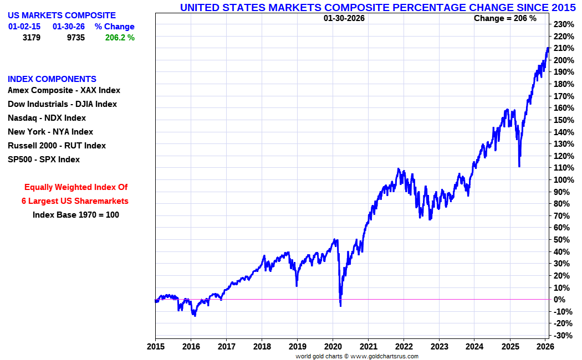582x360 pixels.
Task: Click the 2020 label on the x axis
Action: [333, 347]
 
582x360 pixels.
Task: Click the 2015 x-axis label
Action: [155, 347]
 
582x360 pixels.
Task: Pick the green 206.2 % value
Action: [120, 38]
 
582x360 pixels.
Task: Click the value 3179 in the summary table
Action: [31, 38]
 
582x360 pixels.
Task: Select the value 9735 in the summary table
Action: [75, 38]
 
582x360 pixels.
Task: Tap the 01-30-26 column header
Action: [69, 27]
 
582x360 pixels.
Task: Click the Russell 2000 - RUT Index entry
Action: [57, 146]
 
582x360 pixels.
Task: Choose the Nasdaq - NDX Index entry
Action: [47, 118]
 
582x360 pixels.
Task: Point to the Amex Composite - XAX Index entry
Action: [64, 90]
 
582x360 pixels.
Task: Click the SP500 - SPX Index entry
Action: [44, 160]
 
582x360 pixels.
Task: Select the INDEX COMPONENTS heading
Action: [52, 79]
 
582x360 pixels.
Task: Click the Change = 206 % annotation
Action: [505, 18]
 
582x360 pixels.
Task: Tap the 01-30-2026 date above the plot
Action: [344, 18]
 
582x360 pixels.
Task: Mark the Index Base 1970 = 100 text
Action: [76, 215]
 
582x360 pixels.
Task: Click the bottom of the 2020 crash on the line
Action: [340, 305]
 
